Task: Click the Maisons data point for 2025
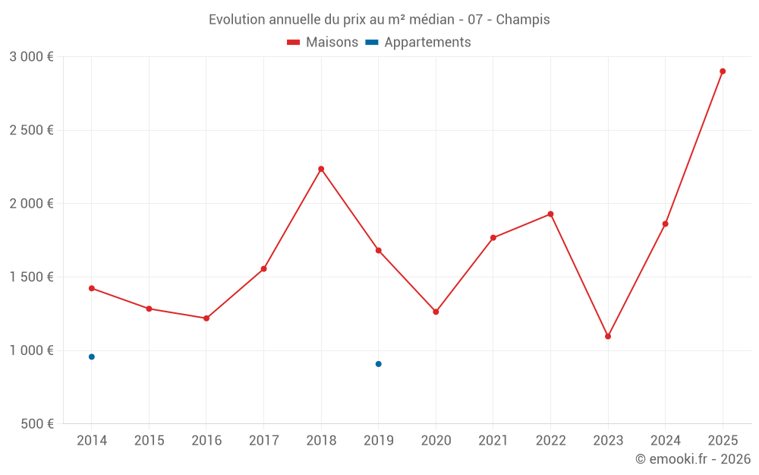pyautogui.click(x=723, y=71)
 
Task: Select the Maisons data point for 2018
pyautogui.click(x=321, y=169)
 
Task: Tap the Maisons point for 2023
pyautogui.click(x=608, y=336)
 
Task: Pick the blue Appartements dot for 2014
pyautogui.click(x=92, y=356)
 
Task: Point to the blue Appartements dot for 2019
pyautogui.click(x=378, y=364)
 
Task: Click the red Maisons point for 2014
pyautogui.click(x=92, y=288)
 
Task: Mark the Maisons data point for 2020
pyautogui.click(x=436, y=312)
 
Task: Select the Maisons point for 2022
pyautogui.click(x=550, y=214)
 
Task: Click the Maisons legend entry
pyautogui.click(x=323, y=43)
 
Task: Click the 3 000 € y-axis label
pyautogui.click(x=31, y=57)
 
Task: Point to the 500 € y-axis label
pyautogui.click(x=36, y=424)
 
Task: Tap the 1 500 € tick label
pyautogui.click(x=31, y=277)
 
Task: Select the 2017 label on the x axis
pyautogui.click(x=263, y=441)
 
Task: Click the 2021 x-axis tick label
pyautogui.click(x=493, y=441)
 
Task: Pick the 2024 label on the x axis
pyautogui.click(x=665, y=441)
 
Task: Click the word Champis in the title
pyautogui.click(x=523, y=20)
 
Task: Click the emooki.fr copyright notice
pyautogui.click(x=693, y=459)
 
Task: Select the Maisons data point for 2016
pyautogui.click(x=206, y=318)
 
